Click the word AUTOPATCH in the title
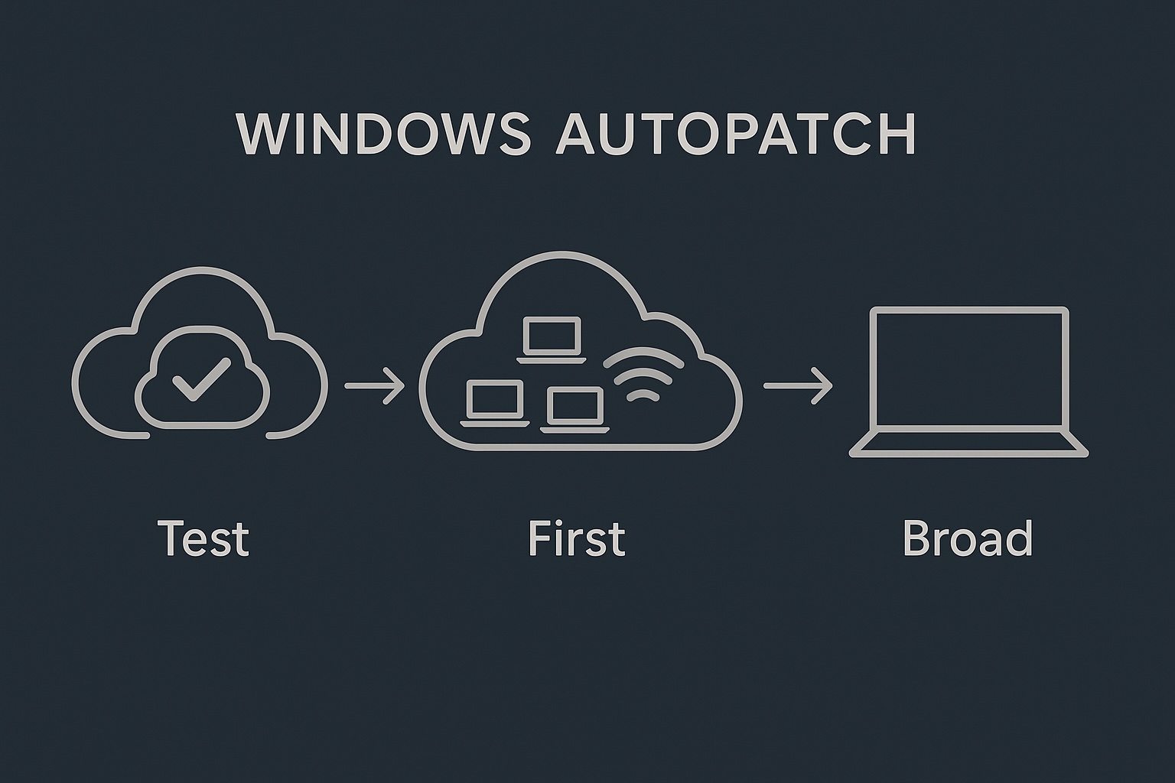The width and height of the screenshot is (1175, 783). pyautogui.click(x=736, y=135)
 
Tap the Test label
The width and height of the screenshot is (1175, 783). pyautogui.click(x=203, y=538)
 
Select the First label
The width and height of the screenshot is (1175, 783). pyautogui.click(x=577, y=538)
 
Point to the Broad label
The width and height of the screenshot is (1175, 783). pyautogui.click(x=968, y=538)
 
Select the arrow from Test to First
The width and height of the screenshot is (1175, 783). pyautogui.click(x=375, y=385)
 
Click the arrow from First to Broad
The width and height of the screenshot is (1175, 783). pyautogui.click(x=798, y=385)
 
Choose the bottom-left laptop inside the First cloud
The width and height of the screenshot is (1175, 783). pyautogui.click(x=495, y=403)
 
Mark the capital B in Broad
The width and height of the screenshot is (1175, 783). pyautogui.click(x=916, y=538)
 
